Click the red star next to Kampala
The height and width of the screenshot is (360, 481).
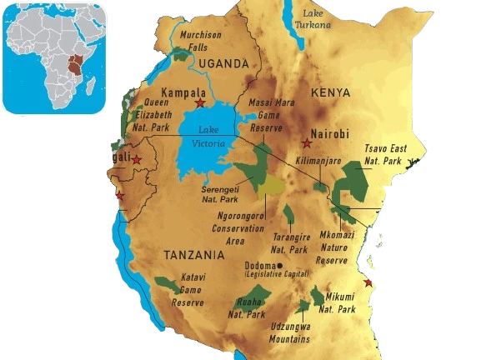pyautogui.click(x=200, y=103)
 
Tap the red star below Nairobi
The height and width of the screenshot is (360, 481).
pyautogui.click(x=306, y=144)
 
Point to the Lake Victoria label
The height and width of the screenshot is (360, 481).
pyautogui.click(x=208, y=137)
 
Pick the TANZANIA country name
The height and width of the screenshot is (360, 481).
pyautogui.click(x=194, y=254)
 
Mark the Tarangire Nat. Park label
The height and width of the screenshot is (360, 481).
pyautogui.click(x=292, y=242)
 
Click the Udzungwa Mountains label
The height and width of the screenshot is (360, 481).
pyautogui.click(x=289, y=333)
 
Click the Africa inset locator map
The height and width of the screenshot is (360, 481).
pyautogui.click(x=54, y=57)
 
